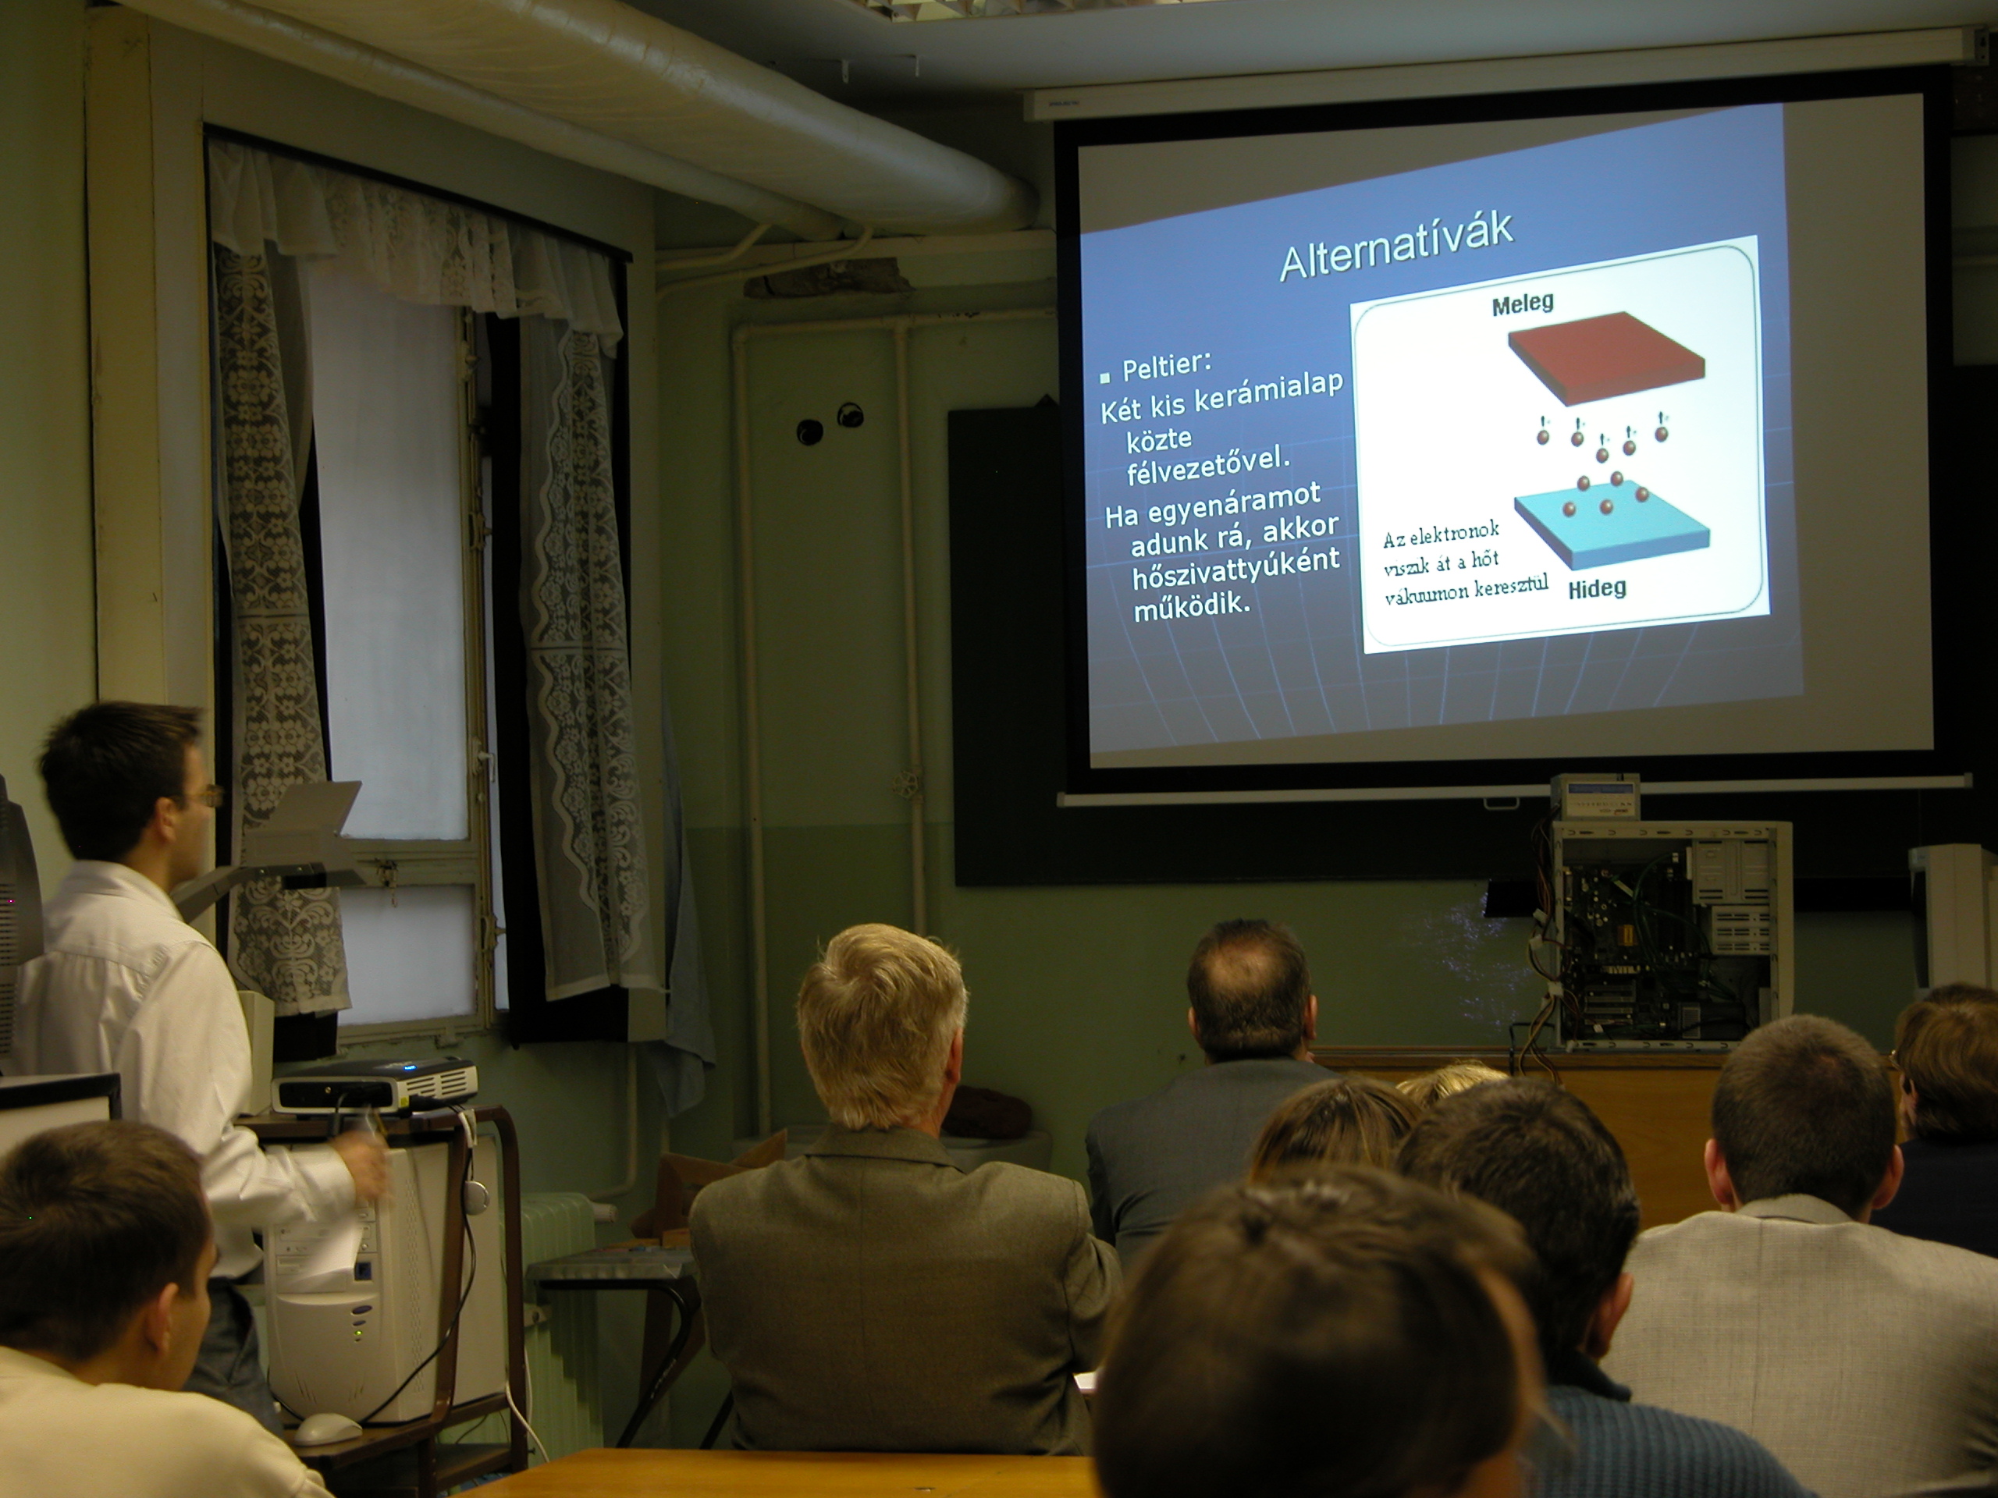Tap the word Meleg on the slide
point(1523,304)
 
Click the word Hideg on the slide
point(1597,589)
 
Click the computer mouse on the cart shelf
point(327,1428)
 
